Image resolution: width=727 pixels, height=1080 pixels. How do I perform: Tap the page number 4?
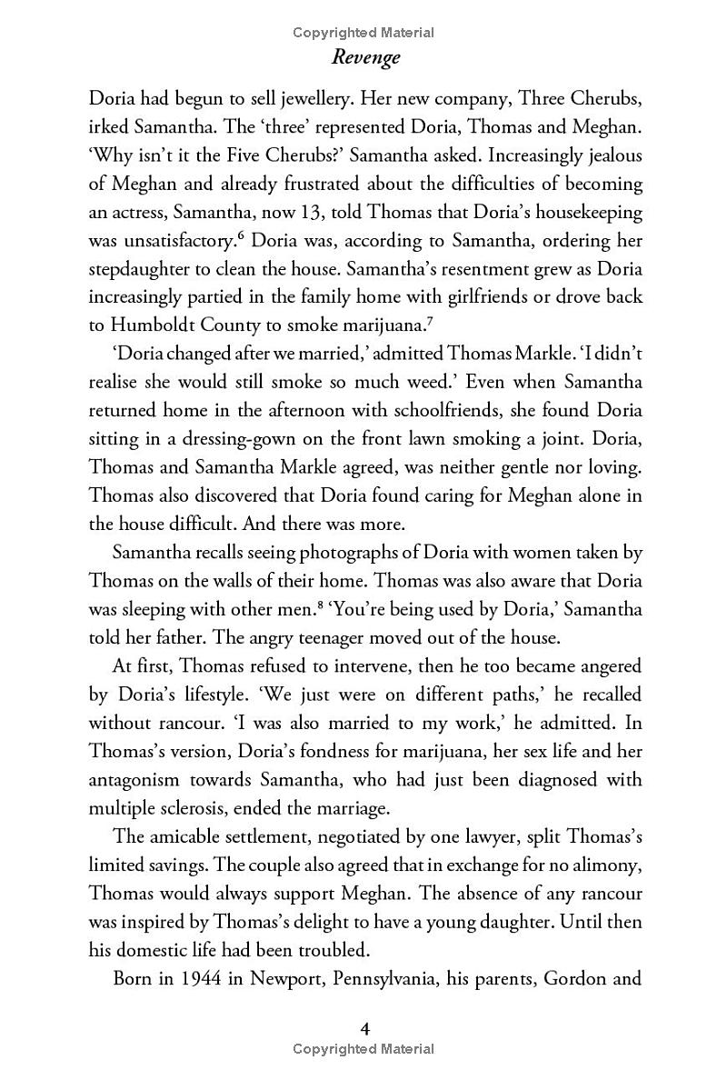(363, 1028)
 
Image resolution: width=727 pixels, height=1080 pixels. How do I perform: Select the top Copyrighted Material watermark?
(363, 33)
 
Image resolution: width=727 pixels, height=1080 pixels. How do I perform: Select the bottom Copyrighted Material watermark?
(363, 1049)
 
